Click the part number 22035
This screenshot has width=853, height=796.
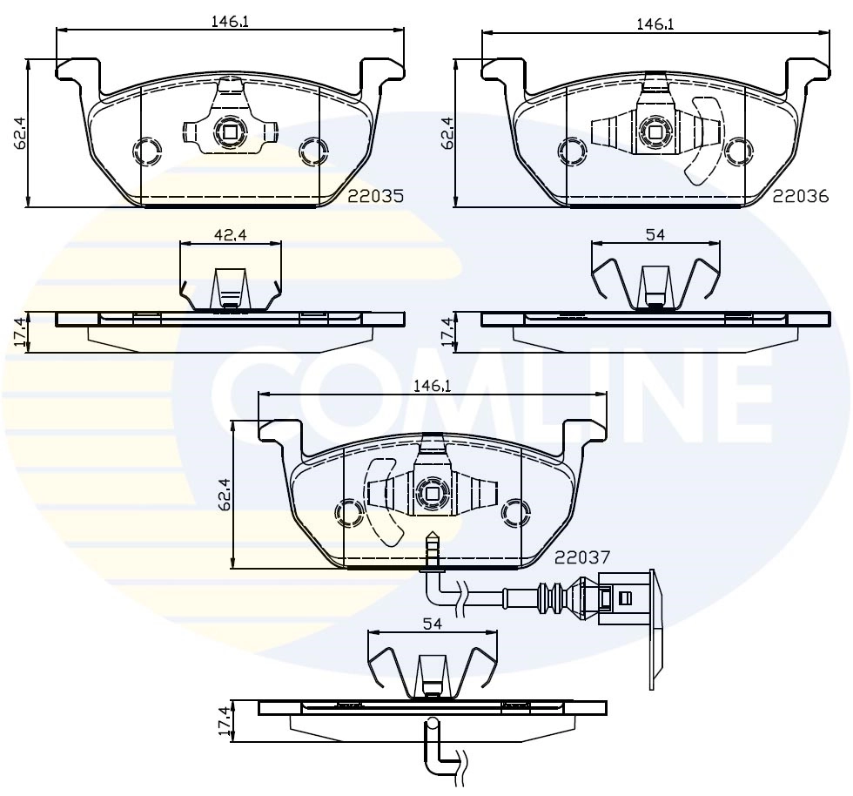point(376,197)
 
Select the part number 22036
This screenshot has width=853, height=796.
point(800,197)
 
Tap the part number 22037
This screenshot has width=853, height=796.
point(582,556)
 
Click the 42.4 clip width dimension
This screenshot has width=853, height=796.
point(230,233)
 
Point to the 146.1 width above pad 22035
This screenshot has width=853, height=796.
point(230,22)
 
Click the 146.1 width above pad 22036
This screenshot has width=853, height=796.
point(655,24)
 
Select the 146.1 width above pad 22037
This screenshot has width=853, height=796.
point(433,384)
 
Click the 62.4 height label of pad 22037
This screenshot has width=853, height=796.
point(224,494)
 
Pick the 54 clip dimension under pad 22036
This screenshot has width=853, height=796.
point(655,234)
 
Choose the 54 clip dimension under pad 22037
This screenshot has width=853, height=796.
point(433,624)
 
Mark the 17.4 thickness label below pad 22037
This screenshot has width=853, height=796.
point(224,722)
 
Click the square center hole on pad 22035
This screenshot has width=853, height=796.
point(230,132)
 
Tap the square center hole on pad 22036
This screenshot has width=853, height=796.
point(655,132)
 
